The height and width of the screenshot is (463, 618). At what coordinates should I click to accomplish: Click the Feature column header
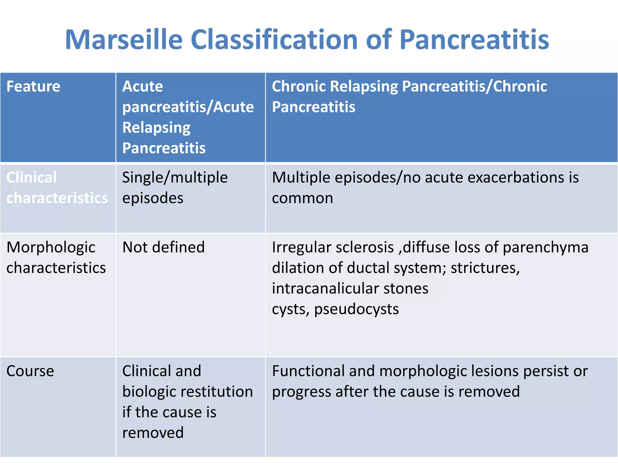click(33, 87)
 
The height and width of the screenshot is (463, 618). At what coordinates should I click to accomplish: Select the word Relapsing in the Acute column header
click(156, 128)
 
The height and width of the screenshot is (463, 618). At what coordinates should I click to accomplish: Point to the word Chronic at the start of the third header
click(299, 87)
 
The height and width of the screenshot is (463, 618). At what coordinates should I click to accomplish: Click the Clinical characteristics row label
click(57, 188)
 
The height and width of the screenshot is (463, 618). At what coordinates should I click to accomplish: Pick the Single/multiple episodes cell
click(174, 188)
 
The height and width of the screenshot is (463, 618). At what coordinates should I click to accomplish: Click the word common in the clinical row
click(302, 198)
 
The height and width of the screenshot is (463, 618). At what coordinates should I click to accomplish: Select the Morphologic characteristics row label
click(56, 257)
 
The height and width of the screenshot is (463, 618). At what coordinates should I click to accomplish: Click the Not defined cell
click(163, 247)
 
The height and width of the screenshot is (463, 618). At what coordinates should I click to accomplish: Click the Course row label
click(30, 371)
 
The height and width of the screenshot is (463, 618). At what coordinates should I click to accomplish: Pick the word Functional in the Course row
click(308, 371)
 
